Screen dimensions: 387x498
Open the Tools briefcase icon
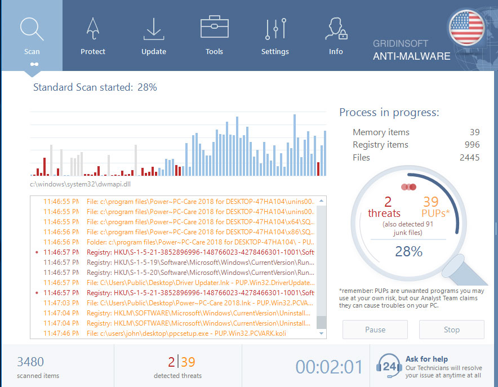tap(214, 28)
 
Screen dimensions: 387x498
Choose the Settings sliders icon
tap(275, 29)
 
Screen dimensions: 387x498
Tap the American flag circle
tap(467, 28)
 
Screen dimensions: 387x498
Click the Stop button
tap(451, 330)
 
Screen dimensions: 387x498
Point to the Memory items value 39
tap(474, 132)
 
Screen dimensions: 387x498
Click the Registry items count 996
tap(472, 145)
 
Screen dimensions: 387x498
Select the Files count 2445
tap(469, 157)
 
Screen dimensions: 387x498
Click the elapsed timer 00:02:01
tap(330, 367)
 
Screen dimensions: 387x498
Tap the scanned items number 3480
tap(30, 362)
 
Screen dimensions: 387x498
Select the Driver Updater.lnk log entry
tap(200, 282)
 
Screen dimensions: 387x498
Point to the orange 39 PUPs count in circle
tap(430, 202)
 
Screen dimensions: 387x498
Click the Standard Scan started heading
tap(95, 87)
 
